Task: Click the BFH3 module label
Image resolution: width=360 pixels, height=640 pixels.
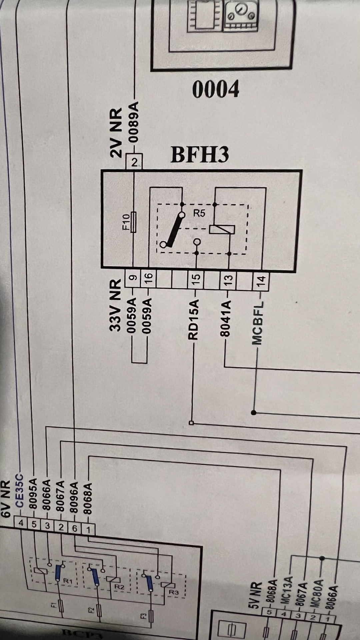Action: (x=200, y=155)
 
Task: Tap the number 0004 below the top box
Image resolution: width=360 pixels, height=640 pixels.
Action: (x=216, y=89)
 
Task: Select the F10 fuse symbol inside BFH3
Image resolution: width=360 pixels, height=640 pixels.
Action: (x=133, y=222)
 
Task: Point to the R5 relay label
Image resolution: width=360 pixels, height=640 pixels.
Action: (x=199, y=213)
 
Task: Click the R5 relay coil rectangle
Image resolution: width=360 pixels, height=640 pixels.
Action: (x=222, y=229)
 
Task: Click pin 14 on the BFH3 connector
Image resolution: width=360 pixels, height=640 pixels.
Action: (x=261, y=279)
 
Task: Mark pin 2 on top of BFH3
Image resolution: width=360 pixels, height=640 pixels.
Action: (x=134, y=162)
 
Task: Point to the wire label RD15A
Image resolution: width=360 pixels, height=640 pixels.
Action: (x=194, y=319)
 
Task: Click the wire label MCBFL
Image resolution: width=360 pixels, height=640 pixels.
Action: (x=258, y=323)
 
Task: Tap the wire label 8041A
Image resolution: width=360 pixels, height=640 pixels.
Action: (x=226, y=318)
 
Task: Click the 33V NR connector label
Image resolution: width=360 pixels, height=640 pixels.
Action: (x=115, y=305)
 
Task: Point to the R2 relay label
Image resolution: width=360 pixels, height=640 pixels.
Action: (x=119, y=586)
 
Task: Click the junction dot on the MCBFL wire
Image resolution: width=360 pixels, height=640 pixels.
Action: (x=254, y=413)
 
